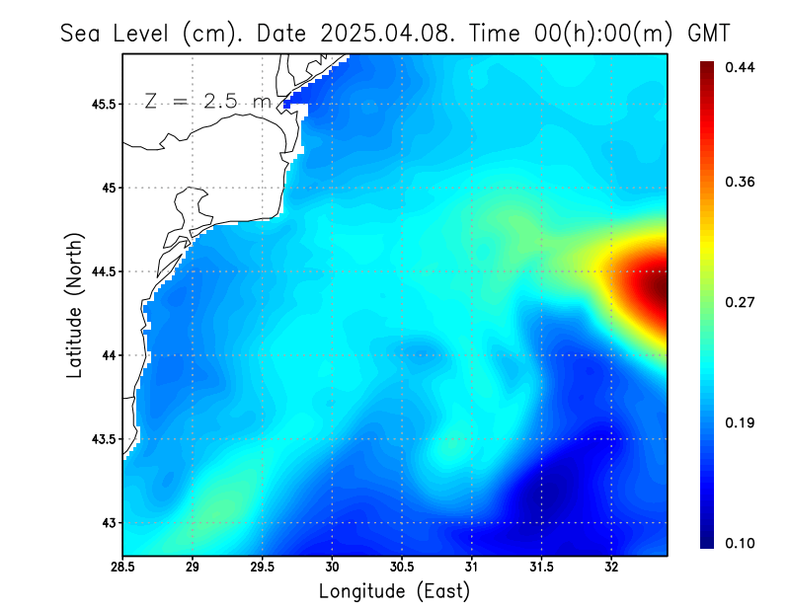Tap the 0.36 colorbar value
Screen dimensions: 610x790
tap(742, 182)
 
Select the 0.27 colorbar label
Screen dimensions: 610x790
tap(742, 303)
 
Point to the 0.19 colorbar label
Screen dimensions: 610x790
tap(742, 422)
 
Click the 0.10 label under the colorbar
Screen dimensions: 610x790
tap(742, 544)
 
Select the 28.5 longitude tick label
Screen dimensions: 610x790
tap(123, 568)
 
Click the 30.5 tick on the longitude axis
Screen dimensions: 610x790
tap(402, 568)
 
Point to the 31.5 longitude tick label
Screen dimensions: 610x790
tap(541, 568)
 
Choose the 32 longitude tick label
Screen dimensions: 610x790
tap(611, 568)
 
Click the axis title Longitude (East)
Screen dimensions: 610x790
tap(394, 591)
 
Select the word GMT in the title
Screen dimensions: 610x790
tap(708, 33)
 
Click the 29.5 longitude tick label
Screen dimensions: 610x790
tap(263, 568)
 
